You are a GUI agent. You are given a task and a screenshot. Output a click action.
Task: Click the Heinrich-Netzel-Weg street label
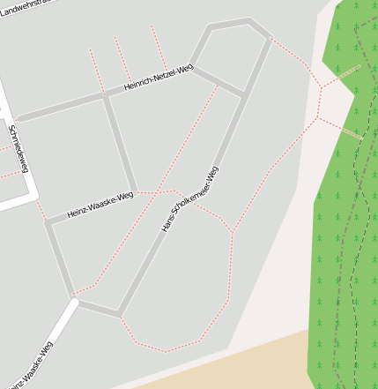(x=159, y=78)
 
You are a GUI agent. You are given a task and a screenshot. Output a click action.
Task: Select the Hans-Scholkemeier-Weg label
(x=191, y=198)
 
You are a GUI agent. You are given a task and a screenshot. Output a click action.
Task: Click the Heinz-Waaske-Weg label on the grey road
(x=100, y=206)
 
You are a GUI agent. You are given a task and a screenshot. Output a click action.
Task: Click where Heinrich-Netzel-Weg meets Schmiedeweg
(x=14, y=119)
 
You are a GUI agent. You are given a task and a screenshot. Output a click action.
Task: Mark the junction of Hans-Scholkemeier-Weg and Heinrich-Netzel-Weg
(x=242, y=94)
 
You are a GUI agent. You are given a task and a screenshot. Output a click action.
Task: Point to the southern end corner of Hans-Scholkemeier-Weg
(x=118, y=313)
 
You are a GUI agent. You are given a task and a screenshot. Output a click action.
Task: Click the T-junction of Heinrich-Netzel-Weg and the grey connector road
(x=105, y=94)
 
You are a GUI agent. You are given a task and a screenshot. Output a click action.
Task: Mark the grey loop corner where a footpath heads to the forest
(x=269, y=37)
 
